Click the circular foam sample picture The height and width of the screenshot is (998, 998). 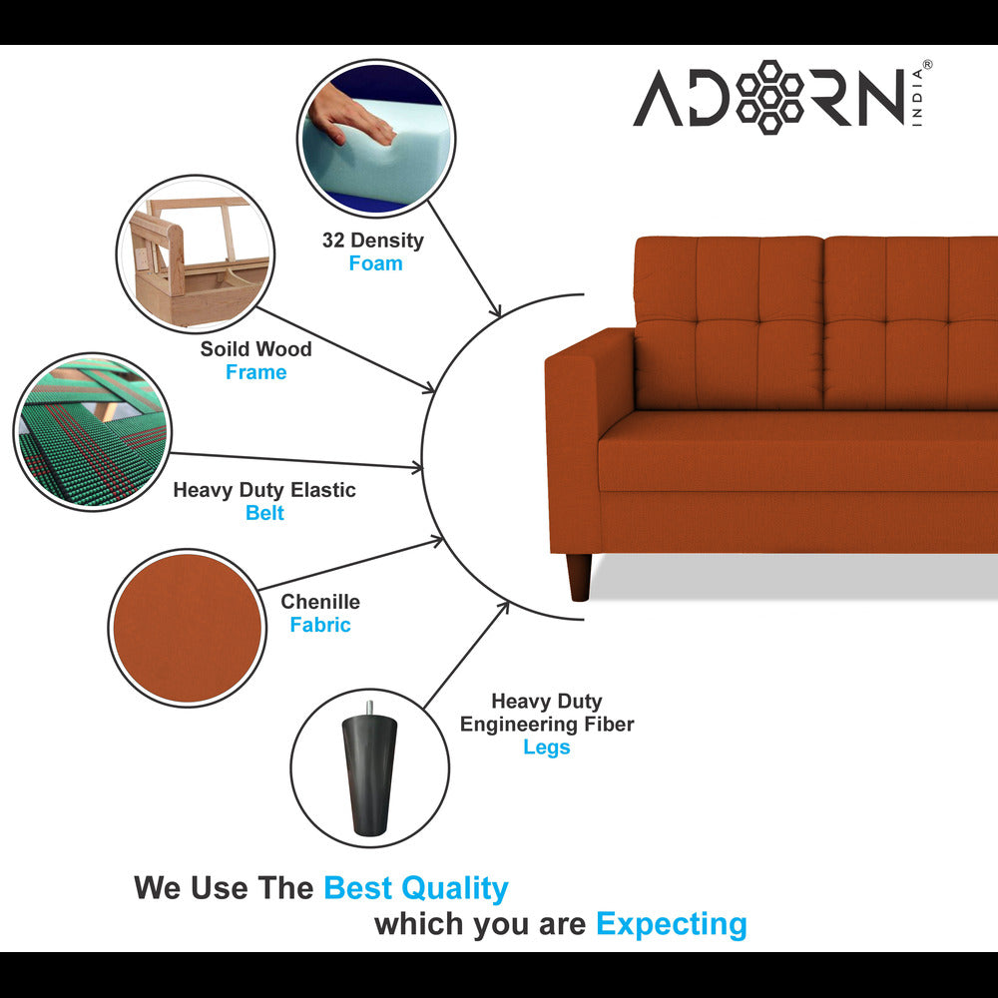(375, 137)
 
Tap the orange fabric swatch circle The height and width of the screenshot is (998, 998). (187, 628)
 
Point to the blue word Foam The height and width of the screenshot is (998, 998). (375, 263)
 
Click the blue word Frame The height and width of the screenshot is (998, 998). (255, 372)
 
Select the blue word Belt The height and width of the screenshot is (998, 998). (264, 513)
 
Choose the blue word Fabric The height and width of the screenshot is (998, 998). (320, 625)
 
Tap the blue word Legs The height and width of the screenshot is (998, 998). (546, 748)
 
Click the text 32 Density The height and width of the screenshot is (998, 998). (372, 241)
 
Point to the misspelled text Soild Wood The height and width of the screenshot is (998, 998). (255, 349)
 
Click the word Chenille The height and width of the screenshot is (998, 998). (320, 602)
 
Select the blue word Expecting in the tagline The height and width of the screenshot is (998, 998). (671, 924)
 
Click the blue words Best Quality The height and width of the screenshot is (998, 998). (416, 887)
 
